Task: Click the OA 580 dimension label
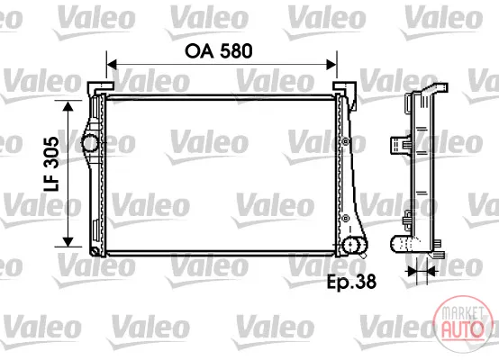[x=219, y=51]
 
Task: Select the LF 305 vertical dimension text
[x=51, y=164]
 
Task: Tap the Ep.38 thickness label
[x=351, y=282]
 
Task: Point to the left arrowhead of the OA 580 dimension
[x=112, y=65]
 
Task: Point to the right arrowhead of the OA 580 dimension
[x=331, y=65]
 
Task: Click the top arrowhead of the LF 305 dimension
[x=68, y=106]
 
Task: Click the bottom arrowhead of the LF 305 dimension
[x=68, y=242]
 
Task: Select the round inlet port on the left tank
[x=90, y=143]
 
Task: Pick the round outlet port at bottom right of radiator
[x=354, y=245]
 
